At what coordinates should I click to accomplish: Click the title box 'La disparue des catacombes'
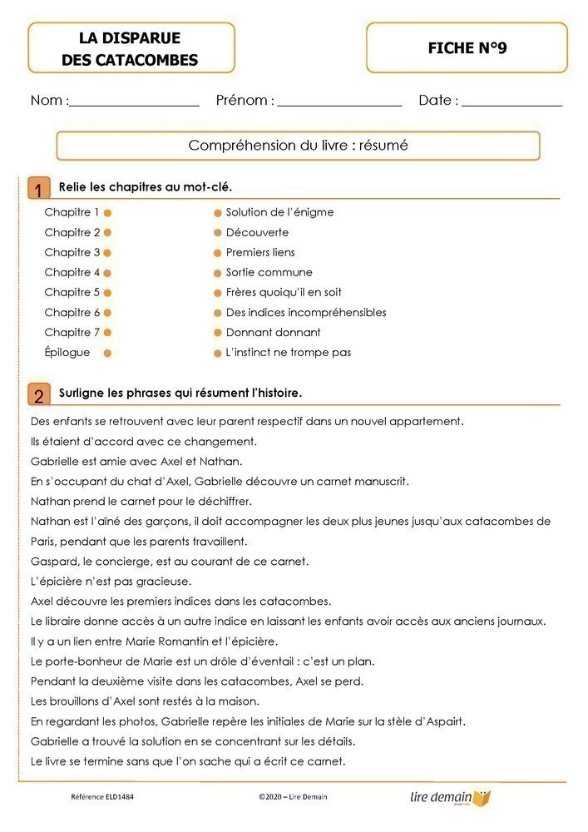[x=131, y=48]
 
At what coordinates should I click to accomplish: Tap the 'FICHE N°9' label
[x=467, y=48]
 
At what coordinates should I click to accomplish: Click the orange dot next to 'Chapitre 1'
[x=107, y=213]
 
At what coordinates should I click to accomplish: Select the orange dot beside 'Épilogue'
[x=107, y=353]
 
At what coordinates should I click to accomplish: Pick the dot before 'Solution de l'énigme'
[x=218, y=213]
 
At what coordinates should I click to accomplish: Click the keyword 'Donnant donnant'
[x=273, y=333]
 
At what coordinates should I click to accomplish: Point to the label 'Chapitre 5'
[x=72, y=293]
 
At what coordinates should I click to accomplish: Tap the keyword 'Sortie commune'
[x=269, y=273]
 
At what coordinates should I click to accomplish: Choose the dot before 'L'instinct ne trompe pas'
[x=218, y=353]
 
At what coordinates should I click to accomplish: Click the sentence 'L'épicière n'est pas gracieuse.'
[x=111, y=582]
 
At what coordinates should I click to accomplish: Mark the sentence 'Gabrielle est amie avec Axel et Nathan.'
[x=136, y=461]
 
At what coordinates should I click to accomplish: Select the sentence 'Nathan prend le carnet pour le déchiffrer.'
[x=141, y=502]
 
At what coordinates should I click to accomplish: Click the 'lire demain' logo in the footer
[x=450, y=797]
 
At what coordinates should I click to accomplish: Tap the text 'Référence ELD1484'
[x=102, y=797]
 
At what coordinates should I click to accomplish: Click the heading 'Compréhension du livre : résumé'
[x=298, y=146]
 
